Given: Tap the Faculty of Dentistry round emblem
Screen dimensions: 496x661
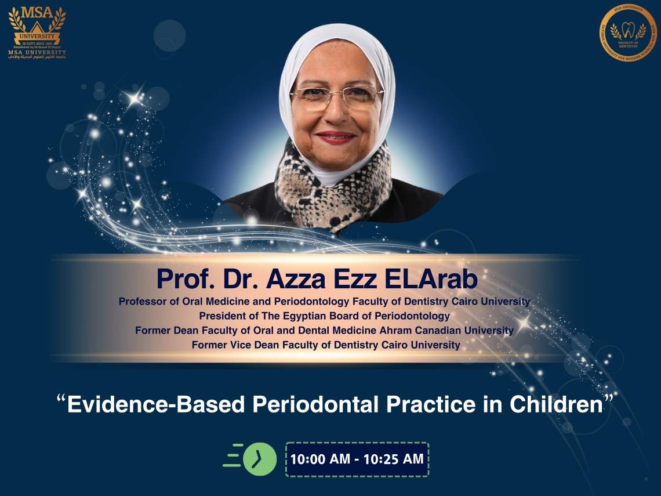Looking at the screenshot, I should tap(627, 33).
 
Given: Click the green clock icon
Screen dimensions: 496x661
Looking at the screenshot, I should tap(259, 459).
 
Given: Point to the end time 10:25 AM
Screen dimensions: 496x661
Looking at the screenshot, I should tap(394, 459).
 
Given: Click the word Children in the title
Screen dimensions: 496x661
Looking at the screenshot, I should tap(556, 404).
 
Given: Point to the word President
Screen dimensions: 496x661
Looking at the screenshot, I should tap(223, 316).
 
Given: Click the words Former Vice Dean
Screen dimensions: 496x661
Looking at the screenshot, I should tap(230, 345).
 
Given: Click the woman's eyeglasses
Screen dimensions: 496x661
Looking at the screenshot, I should tap(336, 96).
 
